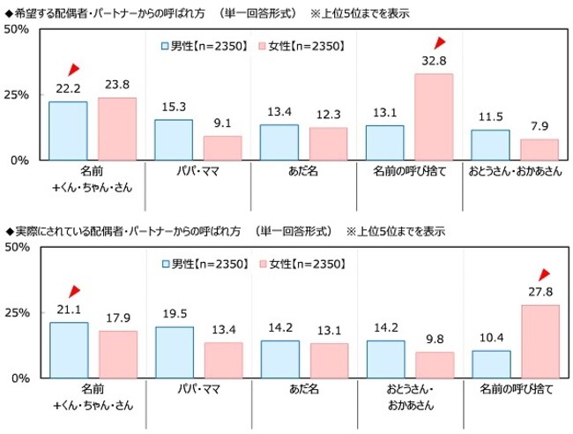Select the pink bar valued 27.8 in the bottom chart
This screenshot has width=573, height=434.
(540, 341)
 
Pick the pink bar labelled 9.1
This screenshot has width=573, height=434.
(223, 147)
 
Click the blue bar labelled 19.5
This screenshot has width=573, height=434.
(174, 352)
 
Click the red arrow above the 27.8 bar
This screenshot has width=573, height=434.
(543, 274)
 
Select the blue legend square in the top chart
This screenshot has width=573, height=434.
(165, 45)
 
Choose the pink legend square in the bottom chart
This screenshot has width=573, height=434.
(262, 263)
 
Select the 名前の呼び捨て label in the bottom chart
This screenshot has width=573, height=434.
(516, 389)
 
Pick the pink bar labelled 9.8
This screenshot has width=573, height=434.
(435, 364)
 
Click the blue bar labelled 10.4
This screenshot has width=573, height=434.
(491, 363)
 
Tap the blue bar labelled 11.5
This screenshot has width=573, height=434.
(491, 145)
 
